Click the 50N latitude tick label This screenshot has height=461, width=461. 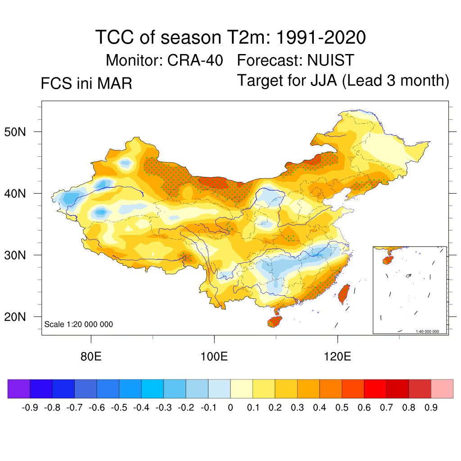coord(21,132)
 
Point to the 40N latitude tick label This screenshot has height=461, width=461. coord(21,194)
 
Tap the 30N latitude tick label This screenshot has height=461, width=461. coord(21,256)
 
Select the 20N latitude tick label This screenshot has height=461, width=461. coord(21,317)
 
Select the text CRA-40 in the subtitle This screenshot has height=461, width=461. coord(195,60)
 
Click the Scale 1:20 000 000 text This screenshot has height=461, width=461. coord(79,324)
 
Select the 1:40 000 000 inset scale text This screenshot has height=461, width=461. coord(427,331)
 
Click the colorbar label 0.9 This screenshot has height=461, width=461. coord(431,408)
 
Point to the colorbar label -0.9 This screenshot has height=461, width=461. coord(30,408)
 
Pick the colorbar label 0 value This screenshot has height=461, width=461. coord(230,408)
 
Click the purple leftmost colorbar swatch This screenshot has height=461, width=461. coord(19,389)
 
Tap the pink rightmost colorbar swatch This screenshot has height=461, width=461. coord(442,389)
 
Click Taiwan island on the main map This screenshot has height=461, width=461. coord(344,293)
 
